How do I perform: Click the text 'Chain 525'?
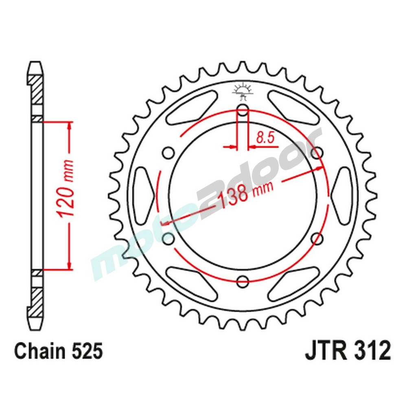pyautogui.click(x=58, y=351)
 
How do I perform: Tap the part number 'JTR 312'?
pyautogui.click(x=348, y=351)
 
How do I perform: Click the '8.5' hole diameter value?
pyautogui.click(x=264, y=138)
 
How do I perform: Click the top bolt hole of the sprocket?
pyautogui.click(x=243, y=109)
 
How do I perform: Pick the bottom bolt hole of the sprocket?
pyautogui.click(x=243, y=280)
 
